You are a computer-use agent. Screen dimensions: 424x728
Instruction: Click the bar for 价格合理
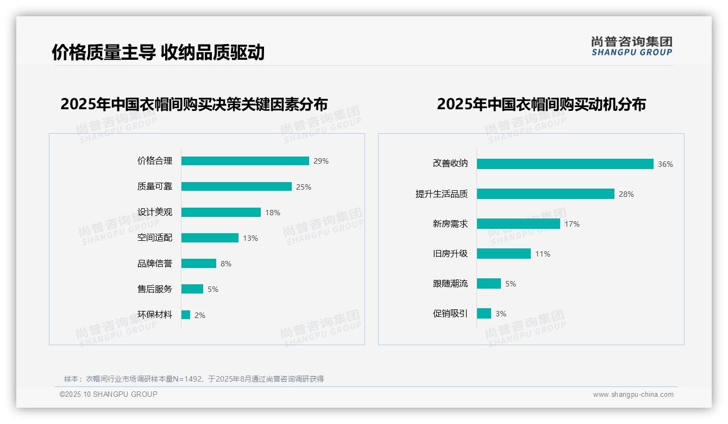click(x=245, y=161)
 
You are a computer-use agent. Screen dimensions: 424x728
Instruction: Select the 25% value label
click(x=304, y=187)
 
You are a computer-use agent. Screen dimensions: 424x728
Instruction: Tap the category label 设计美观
click(x=155, y=212)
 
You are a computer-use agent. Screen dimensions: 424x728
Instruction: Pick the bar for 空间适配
click(x=210, y=238)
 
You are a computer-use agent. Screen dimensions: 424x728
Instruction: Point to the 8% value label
click(x=226, y=264)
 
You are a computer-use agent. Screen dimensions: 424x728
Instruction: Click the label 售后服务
click(x=155, y=289)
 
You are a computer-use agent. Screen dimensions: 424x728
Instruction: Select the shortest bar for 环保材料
click(x=186, y=315)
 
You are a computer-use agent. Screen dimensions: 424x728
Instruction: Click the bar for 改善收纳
click(x=565, y=164)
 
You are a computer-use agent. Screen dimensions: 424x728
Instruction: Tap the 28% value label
click(x=626, y=194)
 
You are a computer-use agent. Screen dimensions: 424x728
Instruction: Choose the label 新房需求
click(x=450, y=224)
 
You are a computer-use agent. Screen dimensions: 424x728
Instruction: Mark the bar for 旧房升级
click(x=504, y=254)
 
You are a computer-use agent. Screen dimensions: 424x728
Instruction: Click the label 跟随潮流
click(x=450, y=284)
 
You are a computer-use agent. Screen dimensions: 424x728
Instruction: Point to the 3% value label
click(x=501, y=314)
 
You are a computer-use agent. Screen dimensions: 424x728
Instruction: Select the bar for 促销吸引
click(x=484, y=314)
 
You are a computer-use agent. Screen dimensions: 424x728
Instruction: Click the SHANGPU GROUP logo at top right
click(x=632, y=46)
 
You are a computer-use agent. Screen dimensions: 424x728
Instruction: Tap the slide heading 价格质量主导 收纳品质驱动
click(x=158, y=52)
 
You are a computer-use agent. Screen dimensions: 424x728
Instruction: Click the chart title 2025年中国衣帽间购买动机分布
click(x=541, y=104)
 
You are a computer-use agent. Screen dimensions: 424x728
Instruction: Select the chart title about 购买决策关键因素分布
click(x=194, y=104)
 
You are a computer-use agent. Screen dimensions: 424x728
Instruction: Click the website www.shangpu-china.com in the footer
click(x=633, y=395)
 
